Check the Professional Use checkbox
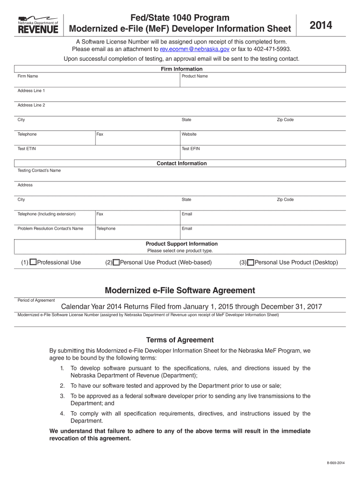pyautogui.click(x=33, y=262)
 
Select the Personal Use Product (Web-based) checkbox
pyautogui.click(x=116, y=262)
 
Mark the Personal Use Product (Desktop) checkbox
pyautogui.click(x=251, y=262)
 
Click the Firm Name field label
pyautogui.click(x=28, y=76)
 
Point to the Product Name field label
pyautogui.click(x=194, y=76)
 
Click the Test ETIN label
pyautogui.click(x=27, y=149)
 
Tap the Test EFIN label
pyautogui.click(x=191, y=149)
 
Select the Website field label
pyautogui.click(x=189, y=134)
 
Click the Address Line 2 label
pyautogui.click(x=31, y=105)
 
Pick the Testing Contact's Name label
pyautogui.click(x=39, y=170)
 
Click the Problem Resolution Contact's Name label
pyautogui.click(x=50, y=228)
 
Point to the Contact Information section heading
pyautogui.click(x=181, y=163)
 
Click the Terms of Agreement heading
pyautogui.click(x=180, y=340)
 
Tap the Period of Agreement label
pyautogui.click(x=36, y=300)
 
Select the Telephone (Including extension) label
pyautogui.click(x=46, y=214)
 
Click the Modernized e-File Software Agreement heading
pyautogui.click(x=180, y=290)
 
